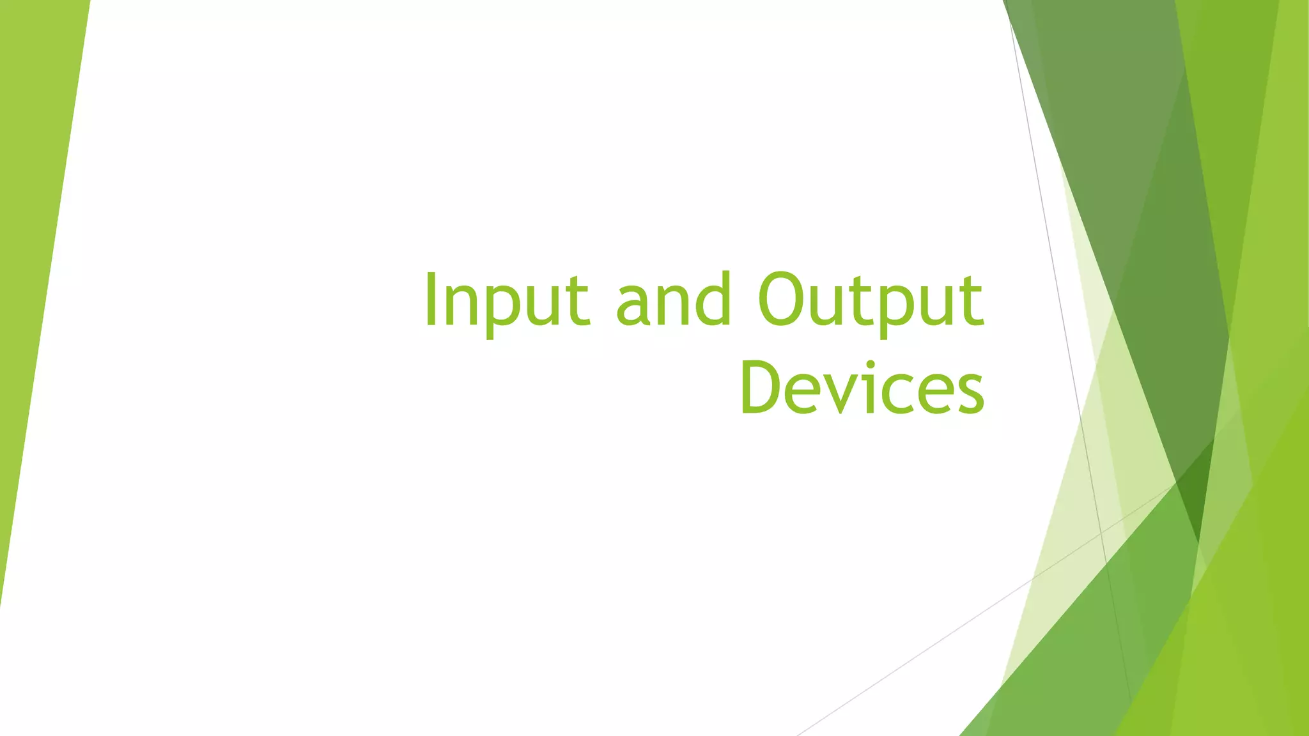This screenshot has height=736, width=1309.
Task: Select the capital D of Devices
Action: pyautogui.click(x=761, y=387)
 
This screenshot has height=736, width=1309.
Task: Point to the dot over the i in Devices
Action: pyautogui.click(x=870, y=365)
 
